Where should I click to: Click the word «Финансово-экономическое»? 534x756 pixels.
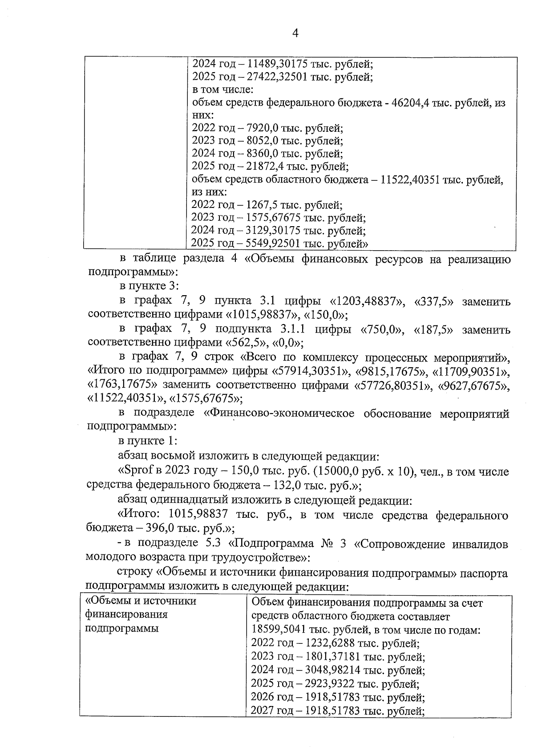click(279, 413)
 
